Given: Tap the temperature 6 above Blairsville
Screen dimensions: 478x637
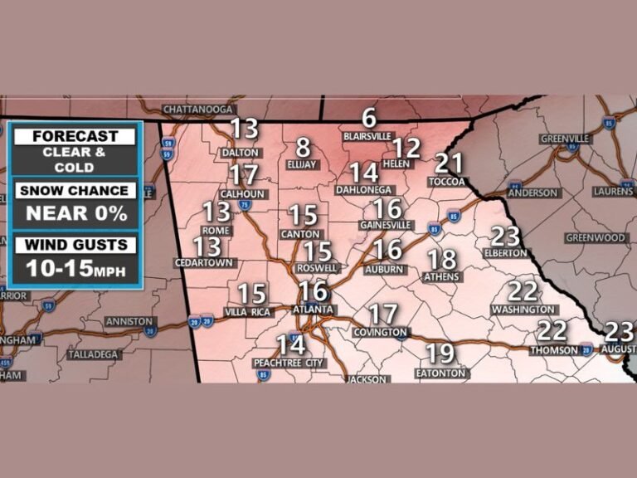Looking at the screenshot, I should (369, 119).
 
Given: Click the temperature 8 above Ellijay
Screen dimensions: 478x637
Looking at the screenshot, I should (303, 148).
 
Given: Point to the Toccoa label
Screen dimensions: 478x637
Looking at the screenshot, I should (448, 182).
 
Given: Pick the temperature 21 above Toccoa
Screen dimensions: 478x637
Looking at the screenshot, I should (449, 163).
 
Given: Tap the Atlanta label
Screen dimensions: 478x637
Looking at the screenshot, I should (314, 310).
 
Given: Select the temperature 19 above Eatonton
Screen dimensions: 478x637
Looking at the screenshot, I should (440, 354).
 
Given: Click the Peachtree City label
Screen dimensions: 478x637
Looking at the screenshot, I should (289, 363).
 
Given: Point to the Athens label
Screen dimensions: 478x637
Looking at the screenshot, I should (441, 277).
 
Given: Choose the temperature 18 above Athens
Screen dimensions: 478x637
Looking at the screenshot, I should (442, 259).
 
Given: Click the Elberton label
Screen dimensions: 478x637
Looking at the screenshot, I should (505, 253).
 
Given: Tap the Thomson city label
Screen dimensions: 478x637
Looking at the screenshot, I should (555, 350).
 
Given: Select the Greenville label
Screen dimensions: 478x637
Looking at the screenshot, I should (565, 139).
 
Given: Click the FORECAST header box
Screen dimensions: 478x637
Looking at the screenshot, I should (75, 136).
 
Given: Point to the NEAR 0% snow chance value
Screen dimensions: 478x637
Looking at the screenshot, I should (75, 212).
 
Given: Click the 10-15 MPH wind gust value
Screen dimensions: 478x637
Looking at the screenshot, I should (75, 267).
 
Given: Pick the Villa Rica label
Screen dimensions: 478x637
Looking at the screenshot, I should (249, 312).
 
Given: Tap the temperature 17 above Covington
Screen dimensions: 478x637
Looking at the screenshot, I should (383, 315).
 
